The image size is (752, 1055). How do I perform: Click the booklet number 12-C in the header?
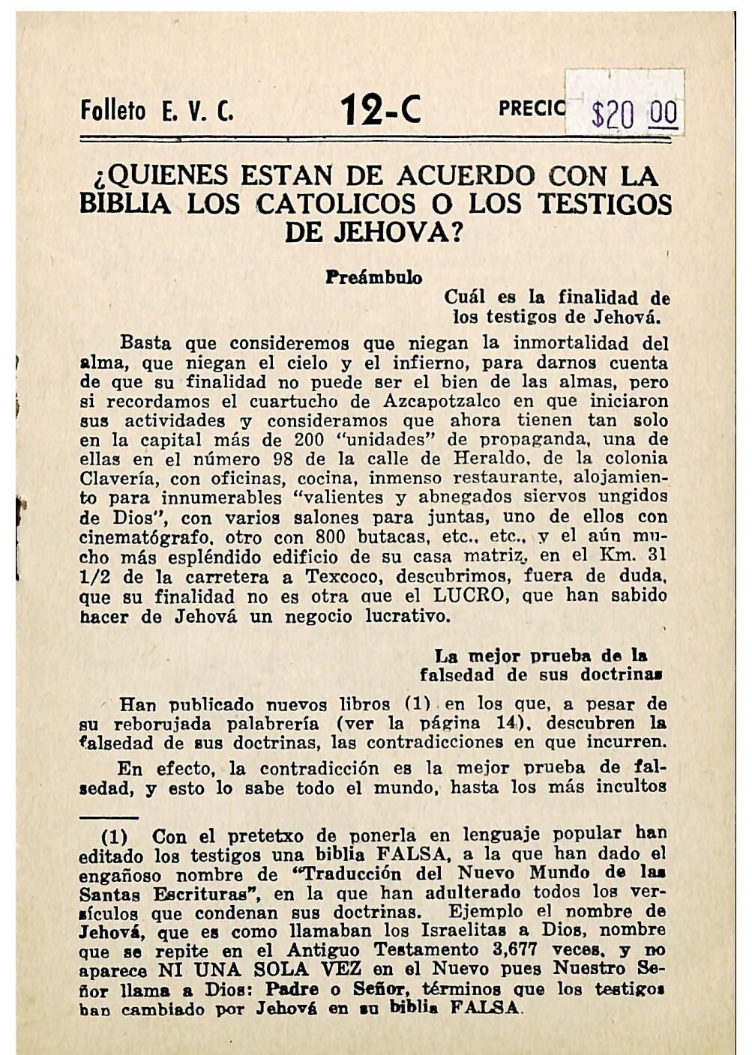(x=382, y=111)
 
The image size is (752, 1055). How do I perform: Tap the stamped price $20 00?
(x=634, y=115)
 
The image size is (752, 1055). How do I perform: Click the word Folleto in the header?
(x=113, y=112)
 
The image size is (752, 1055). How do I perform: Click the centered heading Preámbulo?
(x=373, y=277)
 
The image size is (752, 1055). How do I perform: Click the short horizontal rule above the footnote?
(x=109, y=817)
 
